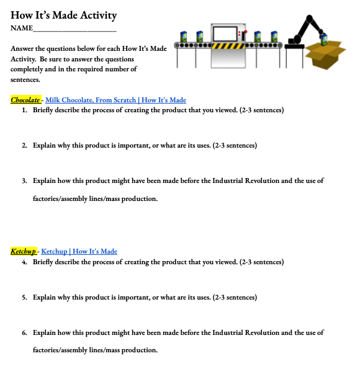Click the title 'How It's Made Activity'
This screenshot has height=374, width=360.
(x=63, y=16)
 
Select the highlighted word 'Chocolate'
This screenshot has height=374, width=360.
(x=25, y=100)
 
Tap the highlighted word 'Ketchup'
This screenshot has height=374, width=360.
(x=24, y=251)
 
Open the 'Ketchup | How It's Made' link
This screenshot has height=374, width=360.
(x=79, y=251)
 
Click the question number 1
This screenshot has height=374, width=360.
(x=24, y=110)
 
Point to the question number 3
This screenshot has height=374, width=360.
(x=24, y=181)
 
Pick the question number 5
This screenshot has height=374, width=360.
(x=24, y=297)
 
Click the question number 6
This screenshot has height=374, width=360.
(x=24, y=332)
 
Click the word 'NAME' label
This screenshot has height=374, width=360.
(x=21, y=29)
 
